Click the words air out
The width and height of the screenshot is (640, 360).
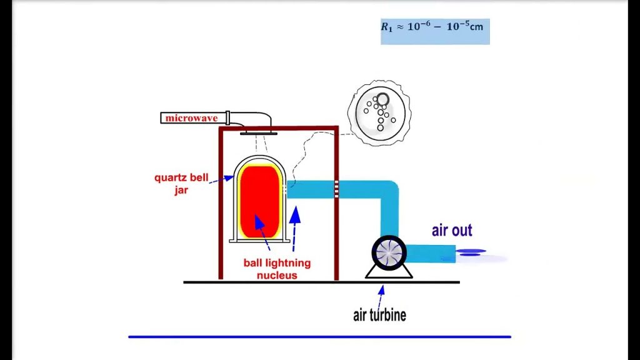tap(452, 231)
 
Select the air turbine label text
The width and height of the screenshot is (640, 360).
tap(379, 314)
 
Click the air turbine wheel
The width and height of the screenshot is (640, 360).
tap(389, 252)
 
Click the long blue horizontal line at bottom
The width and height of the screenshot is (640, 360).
tap(319, 337)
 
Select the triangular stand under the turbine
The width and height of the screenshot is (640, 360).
tap(389, 271)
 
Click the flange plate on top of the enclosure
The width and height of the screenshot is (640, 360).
tap(258, 132)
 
